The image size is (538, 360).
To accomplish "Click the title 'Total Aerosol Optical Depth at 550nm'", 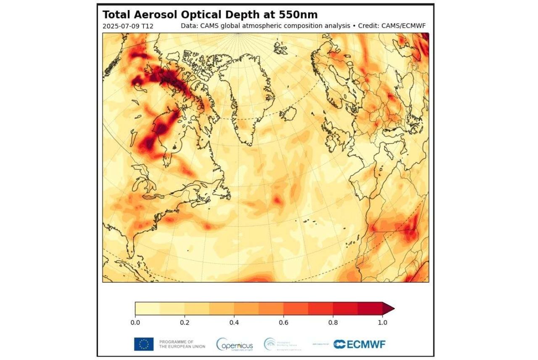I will pyautogui.click(x=210, y=15).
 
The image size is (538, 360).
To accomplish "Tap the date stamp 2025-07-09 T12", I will pyautogui.click(x=128, y=26).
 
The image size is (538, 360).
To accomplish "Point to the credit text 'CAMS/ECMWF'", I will pyautogui.click(x=403, y=26).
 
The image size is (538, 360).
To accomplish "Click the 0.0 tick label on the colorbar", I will pyautogui.click(x=135, y=323).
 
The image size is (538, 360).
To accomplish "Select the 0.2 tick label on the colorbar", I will pyautogui.click(x=185, y=323).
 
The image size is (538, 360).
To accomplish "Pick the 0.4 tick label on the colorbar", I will pyautogui.click(x=234, y=323).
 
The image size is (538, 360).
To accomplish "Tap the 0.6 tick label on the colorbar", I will pyautogui.click(x=284, y=323).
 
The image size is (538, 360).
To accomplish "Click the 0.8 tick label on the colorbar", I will pyautogui.click(x=333, y=323).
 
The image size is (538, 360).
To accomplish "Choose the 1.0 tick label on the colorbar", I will pyautogui.click(x=382, y=323).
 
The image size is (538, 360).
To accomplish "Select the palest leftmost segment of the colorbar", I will pyautogui.click(x=147, y=308).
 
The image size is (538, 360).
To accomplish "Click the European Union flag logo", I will pyautogui.click(x=144, y=344).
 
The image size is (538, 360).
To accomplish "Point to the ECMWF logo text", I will pyautogui.click(x=364, y=344).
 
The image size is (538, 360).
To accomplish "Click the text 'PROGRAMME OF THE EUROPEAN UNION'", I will pyautogui.click(x=182, y=344).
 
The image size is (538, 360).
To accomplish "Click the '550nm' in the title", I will pyautogui.click(x=298, y=15).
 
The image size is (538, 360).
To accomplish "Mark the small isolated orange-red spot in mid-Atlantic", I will pyautogui.click(x=278, y=200).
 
